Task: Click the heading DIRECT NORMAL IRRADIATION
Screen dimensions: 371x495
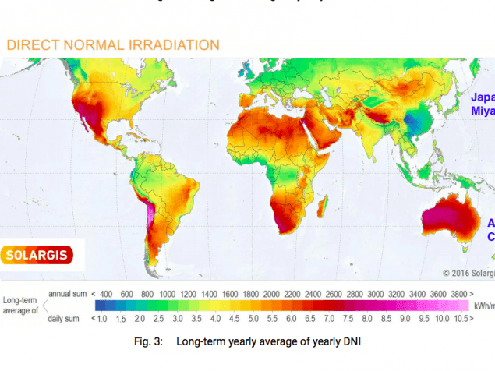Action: (113, 44)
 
